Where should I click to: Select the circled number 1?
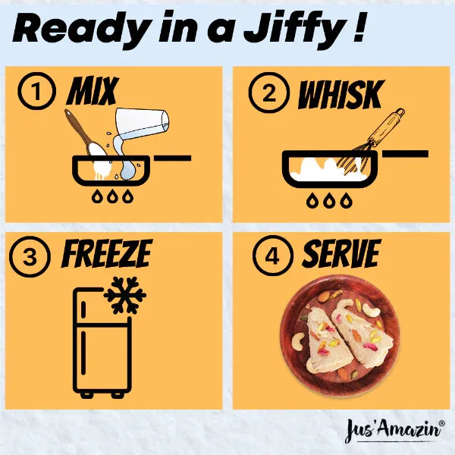pyautogui.click(x=36, y=91)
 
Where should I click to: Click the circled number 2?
pyautogui.click(x=268, y=93)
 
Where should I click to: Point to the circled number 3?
pyautogui.click(x=30, y=256)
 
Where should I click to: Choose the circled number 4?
pyautogui.click(x=272, y=256)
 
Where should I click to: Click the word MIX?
pyautogui.click(x=93, y=91)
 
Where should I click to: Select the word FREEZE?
pyautogui.click(x=106, y=253)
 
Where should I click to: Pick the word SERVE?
pyautogui.click(x=341, y=254)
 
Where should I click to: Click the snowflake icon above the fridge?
pyautogui.click(x=125, y=296)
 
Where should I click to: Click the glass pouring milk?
pyautogui.click(x=142, y=124)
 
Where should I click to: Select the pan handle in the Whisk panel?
pyautogui.click(x=405, y=154)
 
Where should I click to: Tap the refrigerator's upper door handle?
pyautogui.click(x=83, y=309)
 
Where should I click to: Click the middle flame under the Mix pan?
pyautogui.click(x=112, y=196)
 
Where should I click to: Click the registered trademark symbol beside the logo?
pyautogui.click(x=441, y=423)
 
